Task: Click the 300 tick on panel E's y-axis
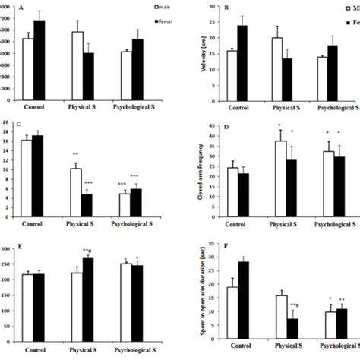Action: [8, 249]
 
